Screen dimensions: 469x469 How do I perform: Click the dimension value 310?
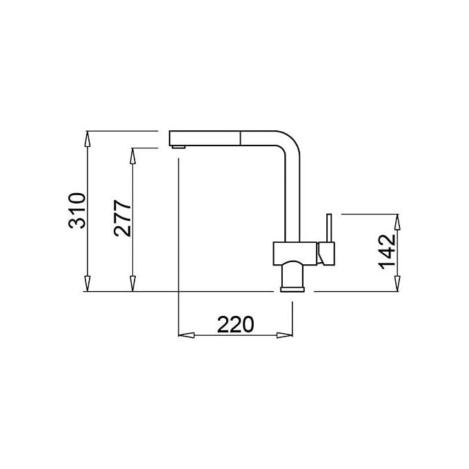coord(77,211)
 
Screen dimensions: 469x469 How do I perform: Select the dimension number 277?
coord(122,219)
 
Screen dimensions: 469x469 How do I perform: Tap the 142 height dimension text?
coord(387,252)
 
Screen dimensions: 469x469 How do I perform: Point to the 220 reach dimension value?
coord(235,325)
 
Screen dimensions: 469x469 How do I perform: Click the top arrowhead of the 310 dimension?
coord(87,139)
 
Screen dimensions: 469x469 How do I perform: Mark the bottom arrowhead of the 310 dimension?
coord(87,283)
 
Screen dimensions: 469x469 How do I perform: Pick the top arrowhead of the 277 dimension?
coord(132,156)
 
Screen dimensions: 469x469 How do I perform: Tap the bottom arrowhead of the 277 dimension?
coord(132,283)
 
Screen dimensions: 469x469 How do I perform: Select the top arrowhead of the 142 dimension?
coord(397,222)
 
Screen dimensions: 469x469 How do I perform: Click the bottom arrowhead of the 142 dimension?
coord(397,283)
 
